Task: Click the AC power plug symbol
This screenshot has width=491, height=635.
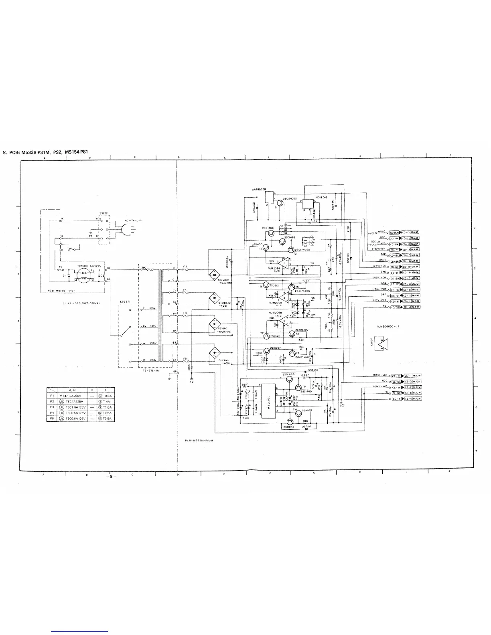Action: [x=127, y=230]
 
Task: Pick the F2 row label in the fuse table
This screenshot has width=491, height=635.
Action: [x=52, y=401]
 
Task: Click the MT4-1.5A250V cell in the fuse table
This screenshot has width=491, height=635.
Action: [x=71, y=395]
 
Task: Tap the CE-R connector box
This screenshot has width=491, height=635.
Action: [x=396, y=376]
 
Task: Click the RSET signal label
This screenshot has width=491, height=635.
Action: [x=382, y=260]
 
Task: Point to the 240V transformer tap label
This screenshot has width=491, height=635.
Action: [x=153, y=360]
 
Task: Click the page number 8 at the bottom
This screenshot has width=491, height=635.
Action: [x=111, y=477]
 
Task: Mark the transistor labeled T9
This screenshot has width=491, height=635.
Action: [x=298, y=388]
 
